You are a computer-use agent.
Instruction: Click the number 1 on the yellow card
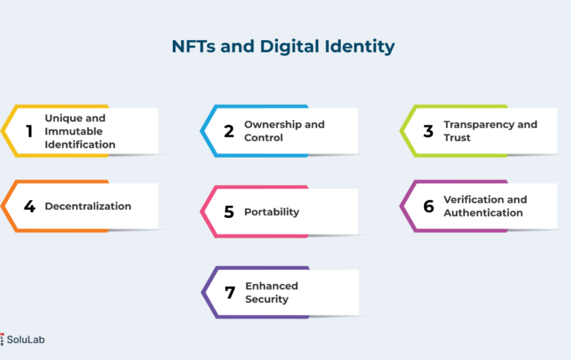(x=29, y=131)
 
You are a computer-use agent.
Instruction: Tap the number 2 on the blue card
(x=228, y=131)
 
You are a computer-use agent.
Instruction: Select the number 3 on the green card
(x=428, y=131)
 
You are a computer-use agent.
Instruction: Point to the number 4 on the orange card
(x=29, y=207)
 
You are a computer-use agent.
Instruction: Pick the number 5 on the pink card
(x=228, y=211)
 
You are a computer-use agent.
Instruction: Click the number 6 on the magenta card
(x=428, y=207)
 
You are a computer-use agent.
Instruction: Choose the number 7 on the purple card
(x=230, y=292)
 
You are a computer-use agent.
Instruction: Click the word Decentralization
(x=88, y=207)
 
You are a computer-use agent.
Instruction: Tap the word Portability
(x=272, y=212)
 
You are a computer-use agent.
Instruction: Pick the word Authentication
(x=483, y=213)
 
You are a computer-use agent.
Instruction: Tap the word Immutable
(x=73, y=131)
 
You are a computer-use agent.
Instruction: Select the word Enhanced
(x=272, y=286)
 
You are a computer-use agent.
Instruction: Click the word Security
(x=267, y=300)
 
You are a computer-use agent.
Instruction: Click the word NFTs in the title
(x=193, y=47)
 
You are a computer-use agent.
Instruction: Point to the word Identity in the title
(x=360, y=47)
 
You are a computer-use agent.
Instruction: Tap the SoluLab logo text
(x=25, y=340)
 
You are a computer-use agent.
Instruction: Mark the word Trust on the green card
(x=457, y=138)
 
